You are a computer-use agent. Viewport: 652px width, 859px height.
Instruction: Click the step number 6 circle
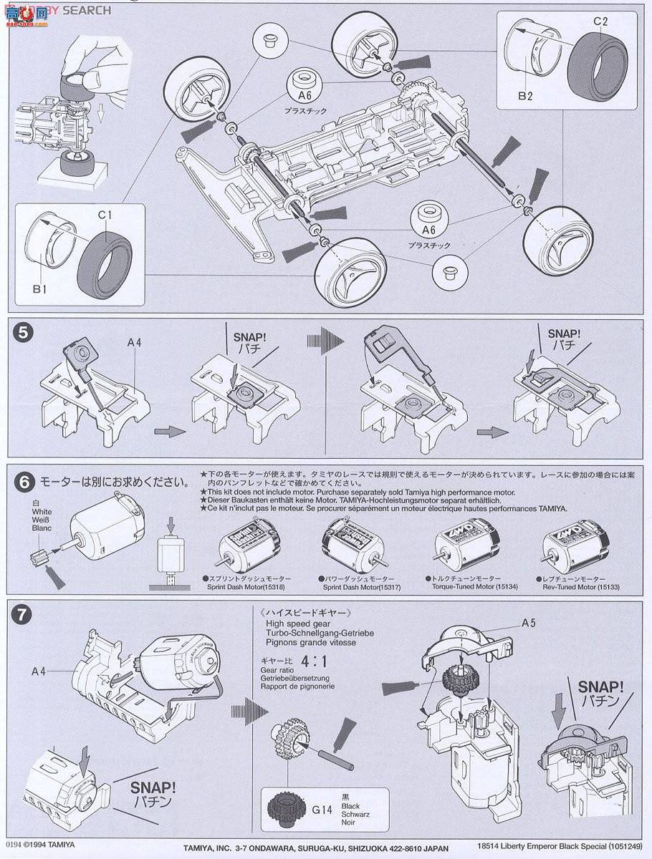[24, 482]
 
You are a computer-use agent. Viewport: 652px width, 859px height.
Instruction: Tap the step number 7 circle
[24, 613]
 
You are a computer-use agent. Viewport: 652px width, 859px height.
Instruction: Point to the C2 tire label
[600, 21]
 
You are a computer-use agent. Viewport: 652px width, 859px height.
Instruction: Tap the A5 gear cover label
[529, 623]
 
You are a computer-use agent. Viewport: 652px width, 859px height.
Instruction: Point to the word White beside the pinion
[42, 512]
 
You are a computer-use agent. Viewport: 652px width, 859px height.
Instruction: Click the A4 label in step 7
[40, 671]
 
